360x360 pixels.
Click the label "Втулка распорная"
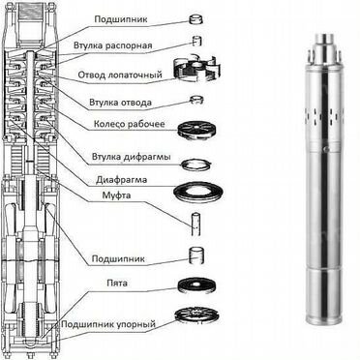(x=112, y=45)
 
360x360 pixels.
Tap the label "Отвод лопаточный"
(x=120, y=75)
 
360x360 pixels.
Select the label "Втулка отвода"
(x=120, y=103)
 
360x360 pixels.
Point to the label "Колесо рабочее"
(x=129, y=124)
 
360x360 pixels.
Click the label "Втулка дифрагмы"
(x=132, y=157)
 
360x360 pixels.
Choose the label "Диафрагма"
(x=121, y=180)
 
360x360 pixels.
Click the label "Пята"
(x=117, y=284)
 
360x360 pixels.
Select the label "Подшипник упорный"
(x=108, y=323)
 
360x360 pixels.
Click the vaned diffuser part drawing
(x=196, y=69)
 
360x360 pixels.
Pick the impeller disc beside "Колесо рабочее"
(x=196, y=130)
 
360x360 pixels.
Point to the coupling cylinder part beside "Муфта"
(x=196, y=225)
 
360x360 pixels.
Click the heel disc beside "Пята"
(x=196, y=285)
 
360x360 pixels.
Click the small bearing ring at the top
(x=195, y=20)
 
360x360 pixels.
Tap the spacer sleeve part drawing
(x=197, y=41)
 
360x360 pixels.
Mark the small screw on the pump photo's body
(x=326, y=149)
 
